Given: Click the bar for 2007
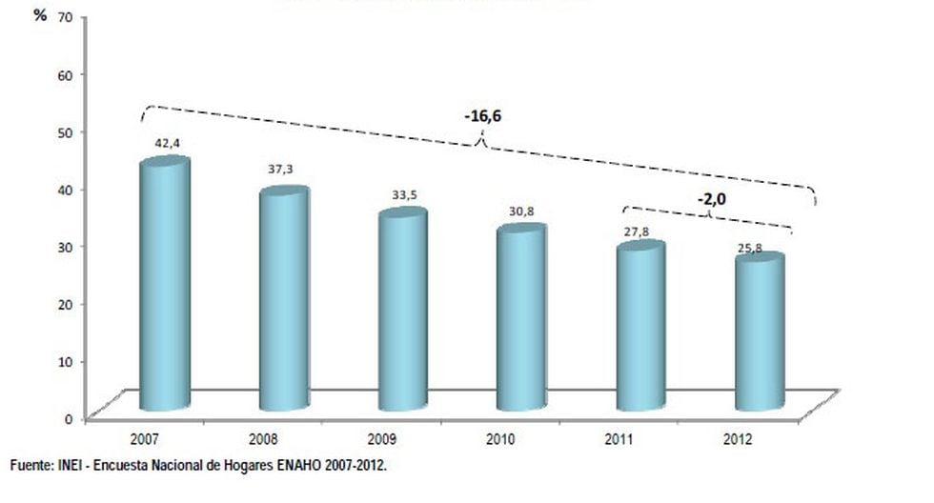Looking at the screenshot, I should click(x=164, y=286).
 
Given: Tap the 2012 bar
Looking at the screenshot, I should click(x=760, y=332).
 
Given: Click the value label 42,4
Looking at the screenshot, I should click(x=168, y=144).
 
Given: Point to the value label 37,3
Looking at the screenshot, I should click(x=280, y=169).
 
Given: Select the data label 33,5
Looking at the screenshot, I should click(x=404, y=194).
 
